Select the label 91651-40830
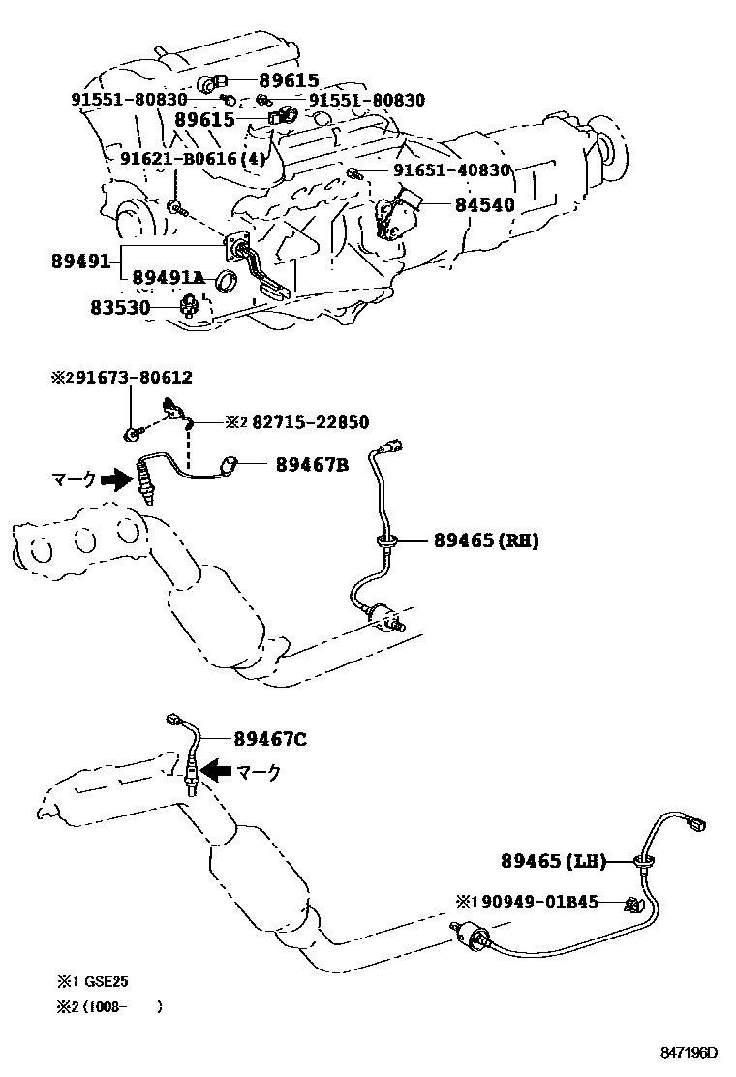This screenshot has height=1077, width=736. pos(451,170)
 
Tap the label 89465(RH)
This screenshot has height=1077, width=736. pos(474,540)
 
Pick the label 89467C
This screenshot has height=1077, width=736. pos(270,740)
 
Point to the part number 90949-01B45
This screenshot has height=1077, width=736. pos(538,902)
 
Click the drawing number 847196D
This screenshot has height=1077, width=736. pos(690,1053)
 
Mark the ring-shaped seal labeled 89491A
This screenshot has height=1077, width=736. pos(225,282)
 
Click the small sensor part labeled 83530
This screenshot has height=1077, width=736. pos(191,308)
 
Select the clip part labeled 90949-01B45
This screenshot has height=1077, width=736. pos(633,905)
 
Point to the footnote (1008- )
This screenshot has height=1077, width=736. pos(121,1007)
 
